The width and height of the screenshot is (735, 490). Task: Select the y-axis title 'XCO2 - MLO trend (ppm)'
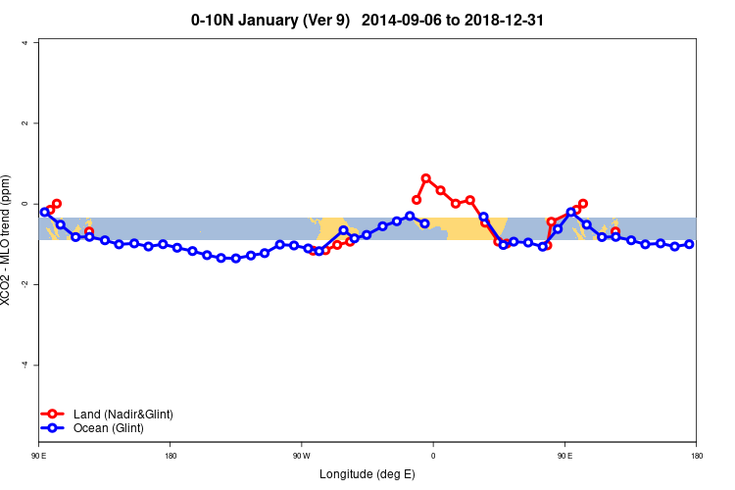[9, 240]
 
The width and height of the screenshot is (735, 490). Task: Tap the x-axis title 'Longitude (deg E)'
[367, 474]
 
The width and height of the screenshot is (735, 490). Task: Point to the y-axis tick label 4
[24, 42]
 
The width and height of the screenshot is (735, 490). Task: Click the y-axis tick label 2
[24, 123]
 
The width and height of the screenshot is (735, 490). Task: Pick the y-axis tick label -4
[24, 365]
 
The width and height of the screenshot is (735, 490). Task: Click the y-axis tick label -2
[24, 284]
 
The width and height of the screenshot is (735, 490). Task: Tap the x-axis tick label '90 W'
[300, 456]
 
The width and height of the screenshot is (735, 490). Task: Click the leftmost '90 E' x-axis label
[39, 456]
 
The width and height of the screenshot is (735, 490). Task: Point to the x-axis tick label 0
[432, 456]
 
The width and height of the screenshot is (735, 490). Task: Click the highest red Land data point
[425, 178]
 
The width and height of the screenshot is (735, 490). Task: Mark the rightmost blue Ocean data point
[689, 244]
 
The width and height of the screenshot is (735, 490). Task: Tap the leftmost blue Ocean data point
[44, 212]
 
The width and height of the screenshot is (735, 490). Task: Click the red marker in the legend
[53, 414]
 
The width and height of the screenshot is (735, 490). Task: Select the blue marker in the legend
[53, 428]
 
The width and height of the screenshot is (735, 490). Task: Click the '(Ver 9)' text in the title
[323, 20]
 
